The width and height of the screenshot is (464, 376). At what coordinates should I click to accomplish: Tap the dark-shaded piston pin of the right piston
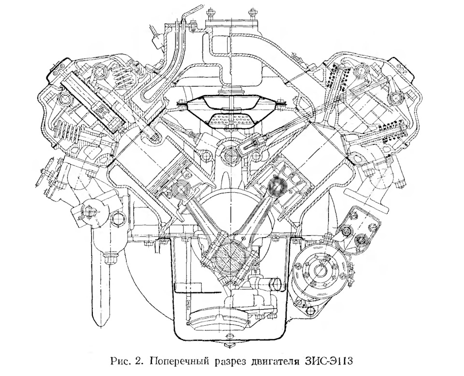tap(275, 185)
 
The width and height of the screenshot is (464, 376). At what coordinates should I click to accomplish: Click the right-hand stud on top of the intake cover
tap(252, 12)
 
